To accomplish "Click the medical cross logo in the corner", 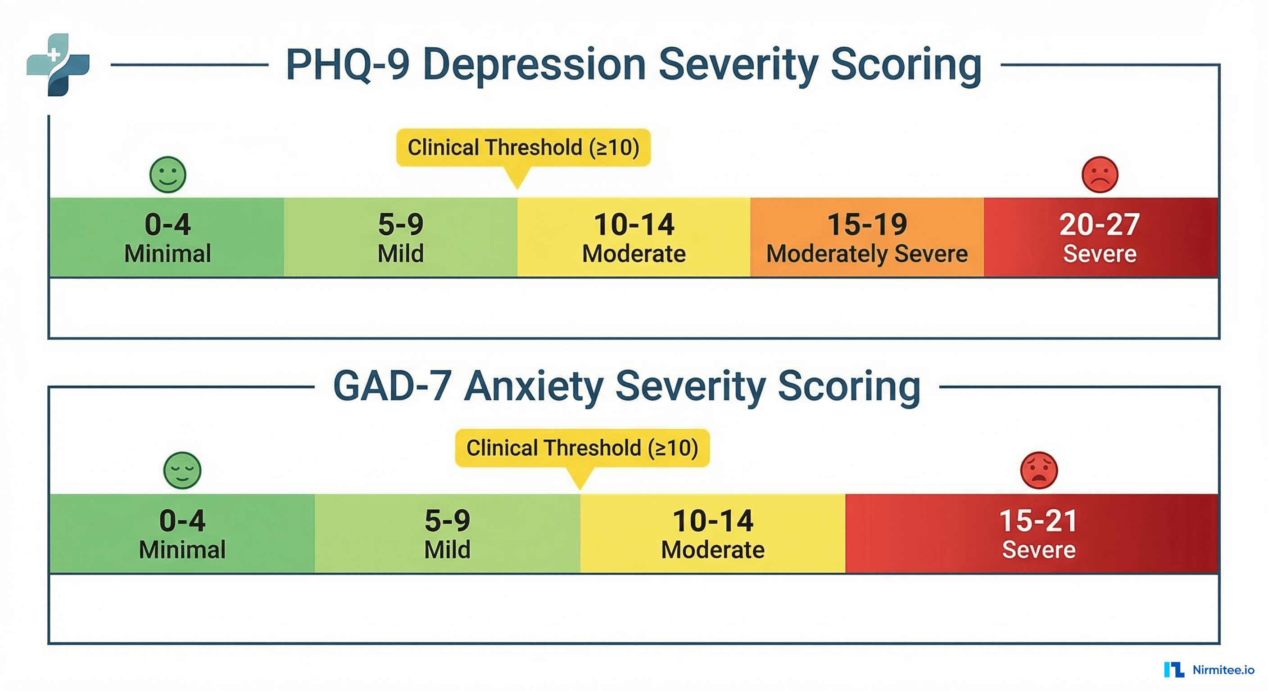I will coord(58,64).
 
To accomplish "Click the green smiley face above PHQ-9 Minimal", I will coord(168,175).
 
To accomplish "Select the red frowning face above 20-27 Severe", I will coord(1100,175).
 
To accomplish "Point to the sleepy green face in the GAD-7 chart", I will coord(182,470).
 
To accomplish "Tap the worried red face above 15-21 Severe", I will coord(1039,470).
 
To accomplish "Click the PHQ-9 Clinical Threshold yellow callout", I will coord(523,148).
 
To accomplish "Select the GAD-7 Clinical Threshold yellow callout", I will coord(582,448).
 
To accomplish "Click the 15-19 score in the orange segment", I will coord(867,225).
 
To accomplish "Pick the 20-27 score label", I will coord(1099,225).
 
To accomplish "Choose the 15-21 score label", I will coord(1039,521).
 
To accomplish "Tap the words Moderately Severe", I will coord(867,254).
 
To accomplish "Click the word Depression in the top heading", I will coord(534,65).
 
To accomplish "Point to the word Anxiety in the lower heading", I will coord(534,386).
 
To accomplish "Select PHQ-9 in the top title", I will coord(348,65).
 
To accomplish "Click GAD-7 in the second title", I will coord(392,386).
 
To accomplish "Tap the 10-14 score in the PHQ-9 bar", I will coord(634,225).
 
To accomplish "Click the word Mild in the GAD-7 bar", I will coord(447,550).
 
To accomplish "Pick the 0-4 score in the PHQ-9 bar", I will coord(168,225).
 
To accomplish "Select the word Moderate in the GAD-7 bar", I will coord(713,550).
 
